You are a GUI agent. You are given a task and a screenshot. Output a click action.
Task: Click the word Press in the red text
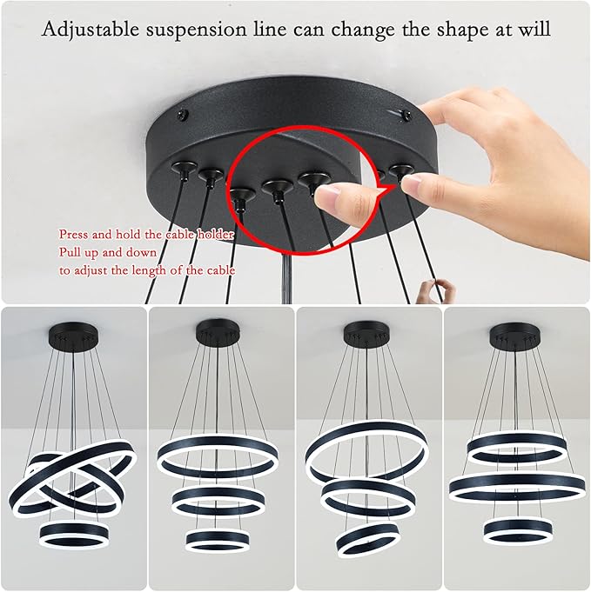click(75, 234)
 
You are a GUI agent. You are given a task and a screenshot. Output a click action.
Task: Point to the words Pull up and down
click(107, 252)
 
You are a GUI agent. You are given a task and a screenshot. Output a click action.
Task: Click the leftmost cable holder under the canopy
click(183, 169)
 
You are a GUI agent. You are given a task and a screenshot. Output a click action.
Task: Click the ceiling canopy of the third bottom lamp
click(364, 332)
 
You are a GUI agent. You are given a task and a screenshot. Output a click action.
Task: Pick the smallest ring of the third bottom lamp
click(367, 538)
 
